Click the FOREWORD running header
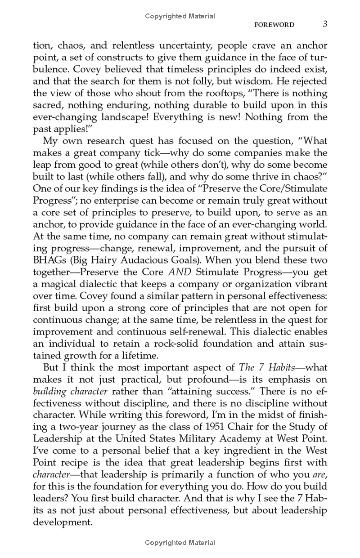pyautogui.click(x=274, y=25)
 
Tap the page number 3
pyautogui.click(x=324, y=24)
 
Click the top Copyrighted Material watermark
pyautogui.click(x=180, y=16)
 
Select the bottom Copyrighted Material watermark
pyautogui.click(x=180, y=543)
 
